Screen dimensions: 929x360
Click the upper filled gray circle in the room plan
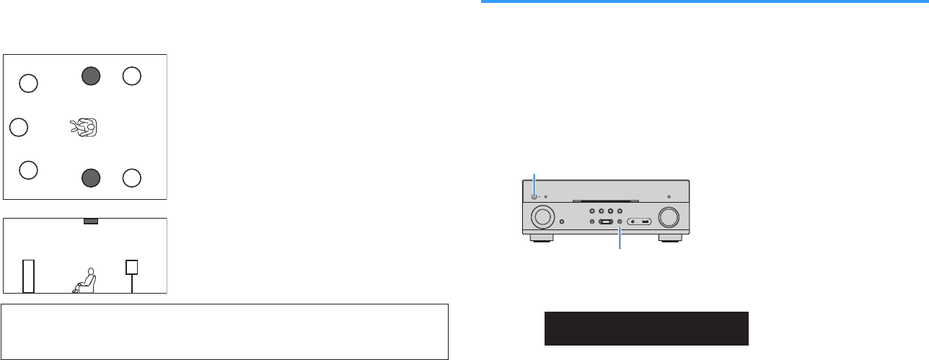point(90,76)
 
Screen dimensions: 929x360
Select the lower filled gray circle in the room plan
point(90,177)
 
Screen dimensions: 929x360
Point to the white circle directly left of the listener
point(19,128)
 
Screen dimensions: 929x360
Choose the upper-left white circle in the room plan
point(27,84)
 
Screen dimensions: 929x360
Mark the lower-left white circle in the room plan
point(27,170)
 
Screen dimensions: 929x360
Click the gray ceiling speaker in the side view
point(90,221)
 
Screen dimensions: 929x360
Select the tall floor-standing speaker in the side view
point(28,275)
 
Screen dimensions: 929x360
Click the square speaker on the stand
point(132,268)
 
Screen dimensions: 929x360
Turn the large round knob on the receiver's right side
point(668,216)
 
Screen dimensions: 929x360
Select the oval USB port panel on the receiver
point(639,221)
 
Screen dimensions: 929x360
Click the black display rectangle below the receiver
point(646,329)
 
